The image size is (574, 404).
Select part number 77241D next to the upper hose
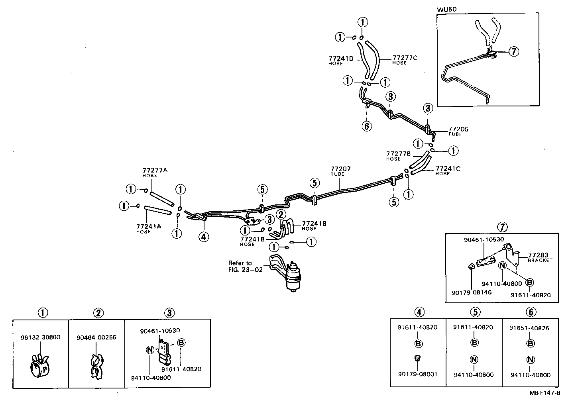coord(341,59)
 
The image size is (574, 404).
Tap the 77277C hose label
coord(405,58)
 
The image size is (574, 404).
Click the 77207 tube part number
coord(340,169)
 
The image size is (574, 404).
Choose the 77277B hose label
coord(398,153)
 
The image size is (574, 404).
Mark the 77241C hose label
coord(448,169)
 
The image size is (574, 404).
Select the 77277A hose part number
coord(155,170)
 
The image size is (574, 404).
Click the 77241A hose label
coord(149,226)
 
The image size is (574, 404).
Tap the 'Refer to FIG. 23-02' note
coord(240,266)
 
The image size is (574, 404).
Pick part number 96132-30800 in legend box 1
coord(40,337)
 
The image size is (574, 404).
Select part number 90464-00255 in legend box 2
coord(96,337)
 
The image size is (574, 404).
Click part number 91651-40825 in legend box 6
coord(529,328)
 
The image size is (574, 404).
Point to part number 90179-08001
coord(417,374)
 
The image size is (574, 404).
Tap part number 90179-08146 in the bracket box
coord(472,292)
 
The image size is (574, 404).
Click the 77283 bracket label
coord(538,255)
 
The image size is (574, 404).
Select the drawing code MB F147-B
coord(545,392)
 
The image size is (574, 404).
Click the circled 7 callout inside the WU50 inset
coord(514,51)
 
